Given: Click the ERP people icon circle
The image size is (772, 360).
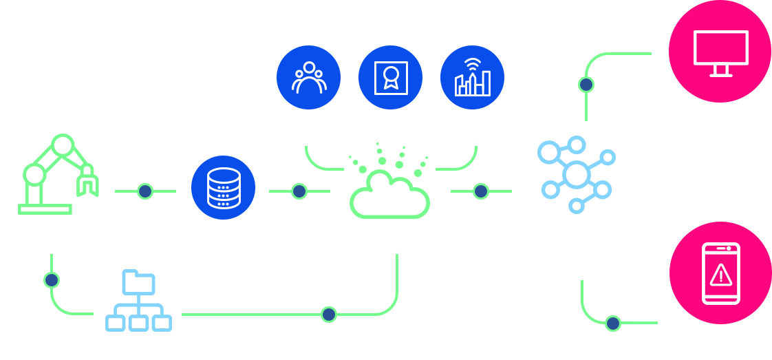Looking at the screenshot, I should point(308,78).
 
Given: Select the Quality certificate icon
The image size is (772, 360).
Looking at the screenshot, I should point(391,78).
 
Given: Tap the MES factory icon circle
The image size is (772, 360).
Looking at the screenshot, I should point(472,78).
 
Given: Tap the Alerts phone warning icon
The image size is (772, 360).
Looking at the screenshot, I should point(720,273).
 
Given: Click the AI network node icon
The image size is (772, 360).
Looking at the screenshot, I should point(575,175).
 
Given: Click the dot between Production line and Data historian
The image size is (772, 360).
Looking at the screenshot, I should point(144,191).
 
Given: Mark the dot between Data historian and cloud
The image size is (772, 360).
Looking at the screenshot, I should point(299,191).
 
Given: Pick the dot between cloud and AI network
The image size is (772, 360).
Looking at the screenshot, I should point(481,191).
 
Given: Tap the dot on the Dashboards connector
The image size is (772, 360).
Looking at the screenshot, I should point(586,85).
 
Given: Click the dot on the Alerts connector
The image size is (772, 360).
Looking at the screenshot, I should point(612,322).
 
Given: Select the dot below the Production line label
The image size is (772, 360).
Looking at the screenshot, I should point(52,280).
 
